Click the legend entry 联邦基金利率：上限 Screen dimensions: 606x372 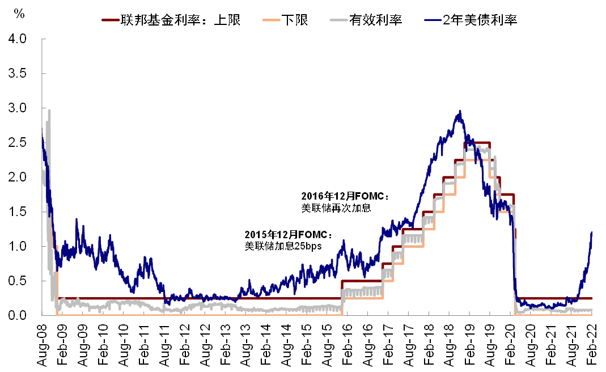coord(171,20)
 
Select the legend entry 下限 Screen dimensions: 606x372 coord(285,20)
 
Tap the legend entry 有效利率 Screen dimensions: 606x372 coord(366,20)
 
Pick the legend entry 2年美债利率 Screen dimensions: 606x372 coord(471,20)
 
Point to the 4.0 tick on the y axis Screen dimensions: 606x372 coord(17,39)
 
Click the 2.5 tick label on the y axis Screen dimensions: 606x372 coord(17,142)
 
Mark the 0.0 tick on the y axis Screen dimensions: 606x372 coord(17,315)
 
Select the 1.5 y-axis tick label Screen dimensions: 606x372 coord(17,212)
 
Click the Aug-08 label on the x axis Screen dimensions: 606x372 coord(42,345)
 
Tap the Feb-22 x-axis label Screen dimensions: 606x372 coord(592,345)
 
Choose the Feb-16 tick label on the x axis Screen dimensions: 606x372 coord(347,345)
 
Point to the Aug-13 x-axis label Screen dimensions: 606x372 coord(245,345)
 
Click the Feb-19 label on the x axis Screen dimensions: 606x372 coord(469,345)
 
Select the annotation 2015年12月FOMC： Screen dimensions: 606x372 coord(289,235)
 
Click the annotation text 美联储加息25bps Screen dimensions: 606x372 coord(283,246)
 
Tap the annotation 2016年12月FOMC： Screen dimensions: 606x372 coord(345,196)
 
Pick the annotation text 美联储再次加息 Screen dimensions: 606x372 coord(336,208)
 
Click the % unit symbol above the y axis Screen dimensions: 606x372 coord(19,14)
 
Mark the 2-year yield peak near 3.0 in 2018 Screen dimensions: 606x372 coord(460,111)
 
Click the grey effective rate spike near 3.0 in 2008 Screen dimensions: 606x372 coord(49,110)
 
